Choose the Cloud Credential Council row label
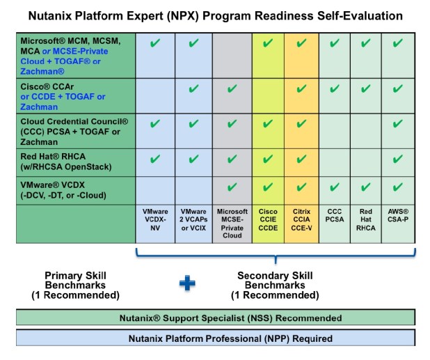tap(72, 130)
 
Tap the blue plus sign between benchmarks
tap(187, 283)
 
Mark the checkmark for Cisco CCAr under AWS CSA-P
tap(398, 88)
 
